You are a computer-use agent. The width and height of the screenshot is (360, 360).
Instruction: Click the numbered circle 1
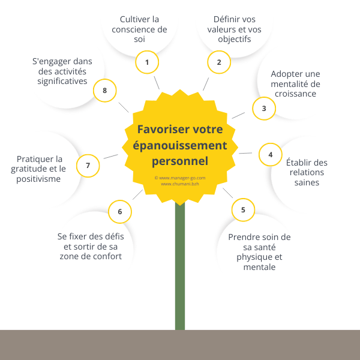(x=147, y=62)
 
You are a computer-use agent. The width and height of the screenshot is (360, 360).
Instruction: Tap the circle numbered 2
(x=219, y=62)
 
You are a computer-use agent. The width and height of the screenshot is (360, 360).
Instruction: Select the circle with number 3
(x=264, y=109)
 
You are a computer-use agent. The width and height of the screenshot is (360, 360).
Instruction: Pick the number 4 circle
(x=271, y=154)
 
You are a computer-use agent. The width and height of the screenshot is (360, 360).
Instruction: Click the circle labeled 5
(x=243, y=210)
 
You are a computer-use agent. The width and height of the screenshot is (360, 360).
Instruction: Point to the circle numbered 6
(x=120, y=211)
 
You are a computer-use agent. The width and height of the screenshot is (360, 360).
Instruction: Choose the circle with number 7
(x=88, y=166)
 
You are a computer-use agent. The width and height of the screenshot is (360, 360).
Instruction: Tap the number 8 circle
(x=105, y=91)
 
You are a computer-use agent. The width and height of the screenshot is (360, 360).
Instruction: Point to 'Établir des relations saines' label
(x=307, y=172)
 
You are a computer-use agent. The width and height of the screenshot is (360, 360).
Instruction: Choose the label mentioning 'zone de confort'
(x=91, y=247)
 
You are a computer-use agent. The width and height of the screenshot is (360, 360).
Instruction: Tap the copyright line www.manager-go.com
(x=180, y=178)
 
